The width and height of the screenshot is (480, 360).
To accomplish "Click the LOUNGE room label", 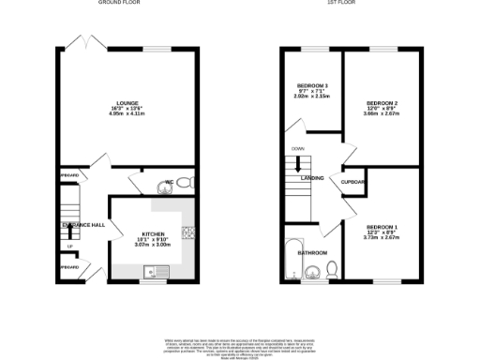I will pyautogui.click(x=127, y=102).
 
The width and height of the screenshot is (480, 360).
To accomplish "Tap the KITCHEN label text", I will pyautogui.click(x=154, y=233).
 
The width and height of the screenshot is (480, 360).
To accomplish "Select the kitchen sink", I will pyautogui.click(x=149, y=271).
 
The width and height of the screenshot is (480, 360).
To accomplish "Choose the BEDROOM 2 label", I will pyautogui.click(x=382, y=102).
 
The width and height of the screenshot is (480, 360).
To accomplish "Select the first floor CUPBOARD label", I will pyautogui.click(x=352, y=182).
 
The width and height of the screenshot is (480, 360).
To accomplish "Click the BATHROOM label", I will pyautogui.click(x=312, y=253).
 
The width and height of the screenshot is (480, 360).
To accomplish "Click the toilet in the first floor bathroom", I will pyautogui.click(x=329, y=271).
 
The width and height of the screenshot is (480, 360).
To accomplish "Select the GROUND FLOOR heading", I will pyautogui.click(x=127, y=3).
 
